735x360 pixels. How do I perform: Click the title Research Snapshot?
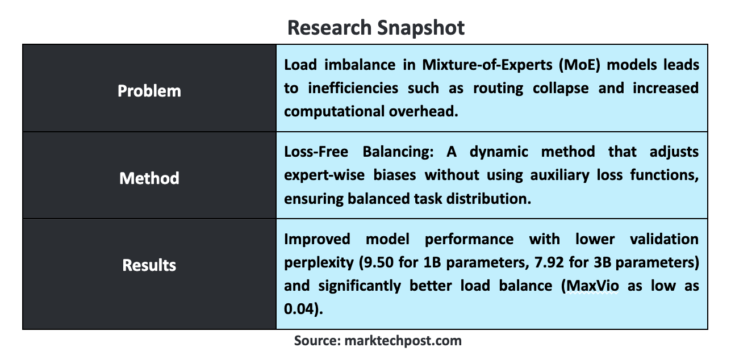pos(375,28)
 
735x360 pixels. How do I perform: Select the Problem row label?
pos(149,91)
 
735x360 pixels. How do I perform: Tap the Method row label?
pos(149,178)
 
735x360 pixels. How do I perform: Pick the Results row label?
pos(149,265)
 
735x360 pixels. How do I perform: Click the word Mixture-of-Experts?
pos(487,65)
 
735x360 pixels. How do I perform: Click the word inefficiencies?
pos(353,88)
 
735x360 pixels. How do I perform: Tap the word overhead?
pos(424,111)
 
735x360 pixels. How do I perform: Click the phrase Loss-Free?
pos(316,152)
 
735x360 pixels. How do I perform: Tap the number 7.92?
pos(549,262)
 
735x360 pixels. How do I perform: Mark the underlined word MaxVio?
pos(592,286)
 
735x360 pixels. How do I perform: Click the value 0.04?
pos(299,309)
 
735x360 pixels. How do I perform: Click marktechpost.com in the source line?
pos(403,341)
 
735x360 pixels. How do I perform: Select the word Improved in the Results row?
pos(318,240)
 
